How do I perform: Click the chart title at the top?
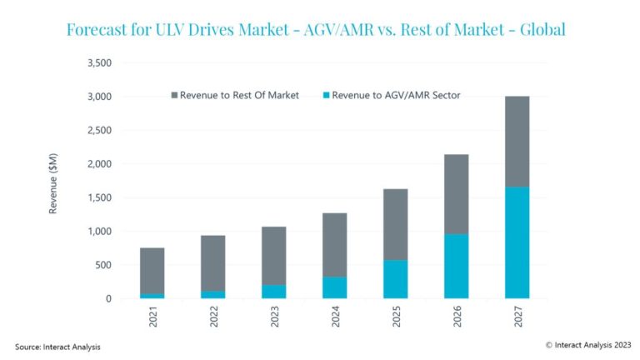click(x=315, y=30)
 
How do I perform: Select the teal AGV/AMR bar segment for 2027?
click(x=517, y=242)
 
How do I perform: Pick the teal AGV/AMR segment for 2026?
click(x=456, y=266)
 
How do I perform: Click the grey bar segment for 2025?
click(x=395, y=224)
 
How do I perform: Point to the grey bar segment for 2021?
click(x=152, y=270)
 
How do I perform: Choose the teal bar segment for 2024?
click(x=334, y=287)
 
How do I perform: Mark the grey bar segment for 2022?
click(x=212, y=263)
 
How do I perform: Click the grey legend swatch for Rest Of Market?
click(x=175, y=95)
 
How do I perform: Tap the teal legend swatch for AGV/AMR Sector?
click(x=323, y=95)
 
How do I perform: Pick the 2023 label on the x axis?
click(x=273, y=318)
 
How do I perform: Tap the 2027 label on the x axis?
click(x=517, y=318)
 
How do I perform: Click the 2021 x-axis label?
click(x=152, y=318)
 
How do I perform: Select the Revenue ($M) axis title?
click(x=53, y=181)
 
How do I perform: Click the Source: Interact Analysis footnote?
click(x=57, y=346)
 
